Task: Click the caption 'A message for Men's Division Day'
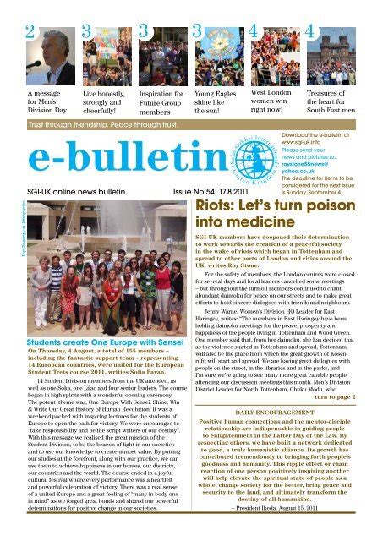click(x=47, y=102)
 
